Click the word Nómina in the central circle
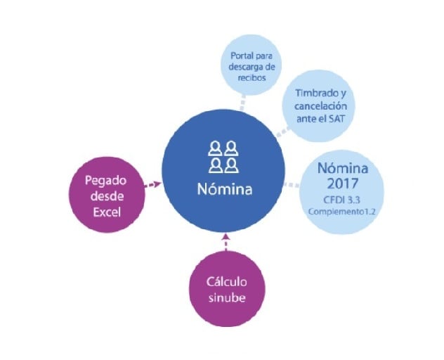pyautogui.click(x=223, y=190)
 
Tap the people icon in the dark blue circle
pyautogui.click(x=223, y=156)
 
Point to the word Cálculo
pyautogui.click(x=226, y=282)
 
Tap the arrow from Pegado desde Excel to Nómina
pyautogui.click(x=153, y=186)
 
